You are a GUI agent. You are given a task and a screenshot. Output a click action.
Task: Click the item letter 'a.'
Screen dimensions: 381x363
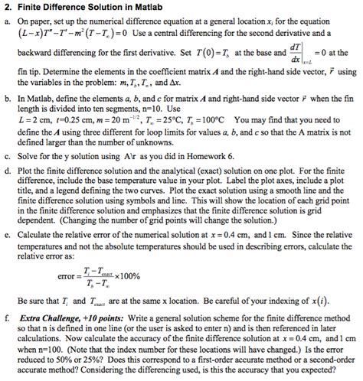click(8, 22)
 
